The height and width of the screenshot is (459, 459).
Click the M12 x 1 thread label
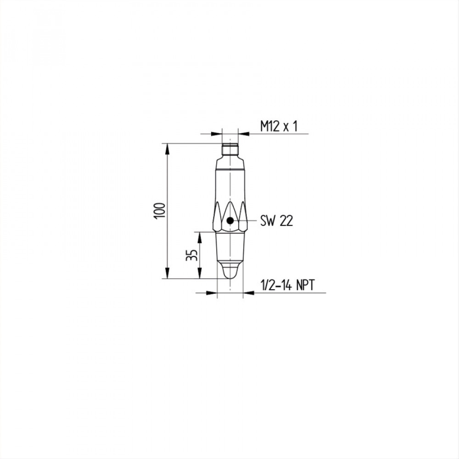[279, 127]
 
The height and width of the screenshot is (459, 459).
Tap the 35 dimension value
[192, 255]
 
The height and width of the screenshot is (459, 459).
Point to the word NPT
[305, 285]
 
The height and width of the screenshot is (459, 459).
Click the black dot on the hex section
[230, 220]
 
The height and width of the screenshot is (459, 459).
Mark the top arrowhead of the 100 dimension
[168, 149]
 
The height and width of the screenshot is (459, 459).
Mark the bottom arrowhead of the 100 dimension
[168, 273]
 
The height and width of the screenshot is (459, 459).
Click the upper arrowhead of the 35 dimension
[200, 237]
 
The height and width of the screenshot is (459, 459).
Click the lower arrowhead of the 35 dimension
[200, 273]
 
